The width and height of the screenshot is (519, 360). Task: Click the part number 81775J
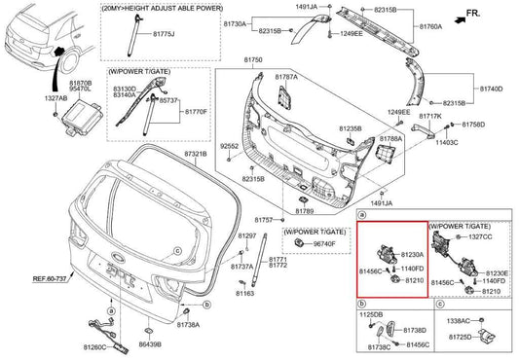[x=163, y=34]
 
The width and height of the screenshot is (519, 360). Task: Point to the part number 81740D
[x=490, y=88]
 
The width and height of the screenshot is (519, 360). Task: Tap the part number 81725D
[x=461, y=336]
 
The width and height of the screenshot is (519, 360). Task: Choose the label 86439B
[x=150, y=345]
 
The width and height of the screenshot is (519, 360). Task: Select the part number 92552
[x=230, y=145]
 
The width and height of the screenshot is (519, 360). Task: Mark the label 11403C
[x=448, y=142]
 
